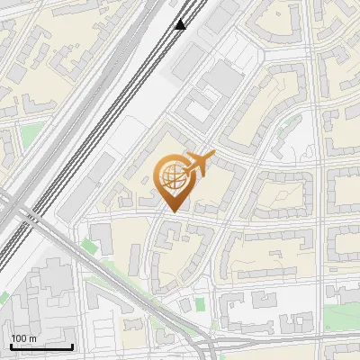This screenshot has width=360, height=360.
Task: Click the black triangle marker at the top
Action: coord(180,23)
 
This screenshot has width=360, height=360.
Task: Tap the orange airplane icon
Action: coord(197,165)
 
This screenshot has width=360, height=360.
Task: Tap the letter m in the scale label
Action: coord(32,338)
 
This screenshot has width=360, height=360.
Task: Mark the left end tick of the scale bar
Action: coord(11,346)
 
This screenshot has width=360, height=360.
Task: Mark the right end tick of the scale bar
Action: coord(72,346)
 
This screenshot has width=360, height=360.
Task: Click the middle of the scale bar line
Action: coord(41,347)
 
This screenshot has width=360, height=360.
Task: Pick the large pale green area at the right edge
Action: coord(342,315)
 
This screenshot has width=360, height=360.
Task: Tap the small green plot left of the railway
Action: coord(31,135)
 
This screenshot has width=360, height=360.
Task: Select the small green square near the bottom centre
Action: coord(185,306)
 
